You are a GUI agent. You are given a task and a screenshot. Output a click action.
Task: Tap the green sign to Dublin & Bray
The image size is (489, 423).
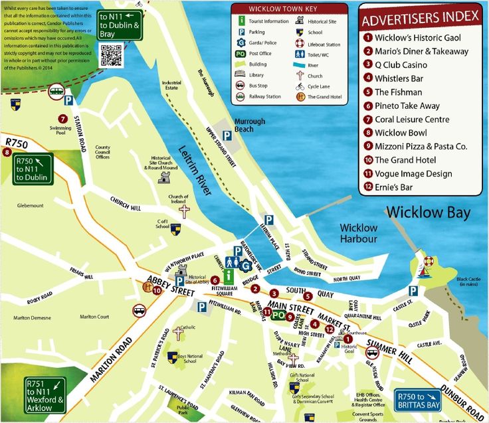click(x=119, y=24)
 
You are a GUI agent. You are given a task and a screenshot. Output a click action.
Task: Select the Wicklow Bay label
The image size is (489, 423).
click(x=428, y=213)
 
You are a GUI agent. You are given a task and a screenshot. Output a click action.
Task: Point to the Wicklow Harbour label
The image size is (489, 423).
click(x=358, y=233)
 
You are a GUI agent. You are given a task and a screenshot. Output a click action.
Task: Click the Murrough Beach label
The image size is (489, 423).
click(x=249, y=125)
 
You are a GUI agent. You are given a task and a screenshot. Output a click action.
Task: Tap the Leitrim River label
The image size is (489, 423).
click(x=195, y=171)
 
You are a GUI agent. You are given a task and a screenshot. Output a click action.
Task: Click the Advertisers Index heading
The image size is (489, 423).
click(x=420, y=18)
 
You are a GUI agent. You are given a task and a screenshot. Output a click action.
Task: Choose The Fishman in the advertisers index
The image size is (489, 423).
click(x=398, y=92)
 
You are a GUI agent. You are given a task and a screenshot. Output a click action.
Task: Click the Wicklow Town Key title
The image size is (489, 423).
click(x=289, y=9)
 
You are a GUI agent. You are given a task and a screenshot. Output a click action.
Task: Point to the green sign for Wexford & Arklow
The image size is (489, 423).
click(x=45, y=395)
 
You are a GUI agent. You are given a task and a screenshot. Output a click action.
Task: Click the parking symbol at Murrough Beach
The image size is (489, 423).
click(x=227, y=135)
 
